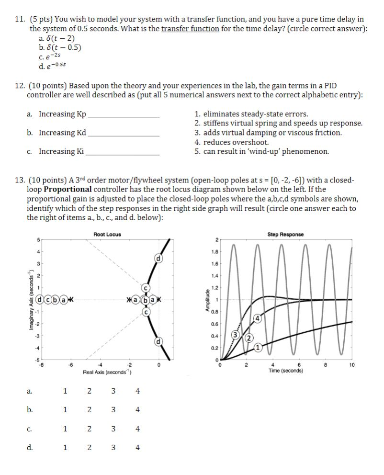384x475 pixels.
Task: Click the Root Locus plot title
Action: [107, 234]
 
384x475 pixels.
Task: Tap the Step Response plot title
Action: [285, 234]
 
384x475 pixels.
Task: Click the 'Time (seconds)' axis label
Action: [285, 371]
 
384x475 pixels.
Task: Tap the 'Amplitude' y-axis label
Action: [207, 301]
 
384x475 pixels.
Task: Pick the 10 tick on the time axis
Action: [352, 365]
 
